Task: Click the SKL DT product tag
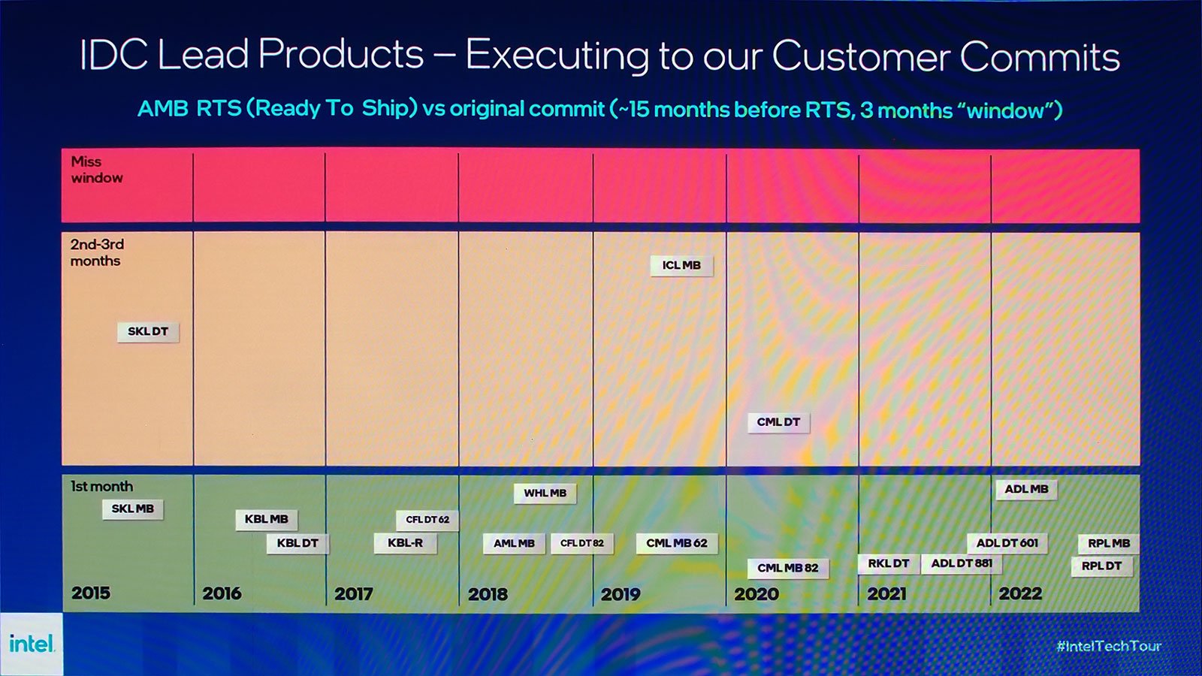(x=148, y=332)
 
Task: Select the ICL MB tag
(x=681, y=266)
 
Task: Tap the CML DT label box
(x=778, y=423)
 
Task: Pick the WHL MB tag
(x=545, y=493)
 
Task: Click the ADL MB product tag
(x=1026, y=489)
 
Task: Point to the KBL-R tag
(x=406, y=543)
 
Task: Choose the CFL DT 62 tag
(x=427, y=520)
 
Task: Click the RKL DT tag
(x=889, y=563)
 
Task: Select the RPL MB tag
(x=1109, y=544)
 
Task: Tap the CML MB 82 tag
(x=788, y=568)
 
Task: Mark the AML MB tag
(x=514, y=544)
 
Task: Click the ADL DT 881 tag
(x=962, y=564)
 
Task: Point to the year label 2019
(x=621, y=594)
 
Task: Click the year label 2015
(x=91, y=593)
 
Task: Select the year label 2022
(x=1020, y=594)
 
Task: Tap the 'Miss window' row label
(x=97, y=170)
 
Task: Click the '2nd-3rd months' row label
(x=97, y=252)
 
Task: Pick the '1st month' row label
(x=102, y=487)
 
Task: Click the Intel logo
(x=32, y=643)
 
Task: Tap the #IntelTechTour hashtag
(x=1109, y=646)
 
